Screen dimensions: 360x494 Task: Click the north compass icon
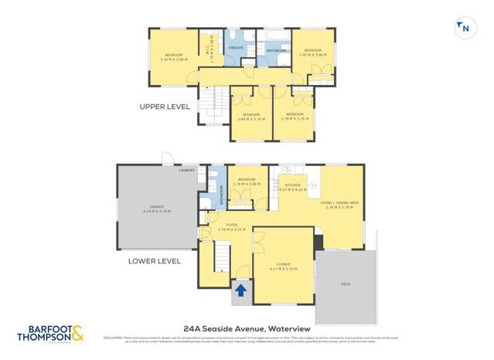pos(464,29)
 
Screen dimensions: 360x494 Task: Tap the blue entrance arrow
pos(240,290)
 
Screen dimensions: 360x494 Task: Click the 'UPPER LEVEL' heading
pos(164,107)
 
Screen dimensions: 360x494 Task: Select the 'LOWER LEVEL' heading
pos(155,261)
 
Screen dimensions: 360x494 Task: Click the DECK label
pos(346,284)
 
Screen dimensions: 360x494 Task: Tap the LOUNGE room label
pos(284,267)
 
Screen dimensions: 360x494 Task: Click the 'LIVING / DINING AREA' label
pos(339,205)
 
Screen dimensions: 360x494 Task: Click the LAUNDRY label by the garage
pos(186,169)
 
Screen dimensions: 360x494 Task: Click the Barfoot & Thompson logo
pos(53,334)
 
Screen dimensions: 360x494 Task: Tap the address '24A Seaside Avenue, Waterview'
pos(246,328)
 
